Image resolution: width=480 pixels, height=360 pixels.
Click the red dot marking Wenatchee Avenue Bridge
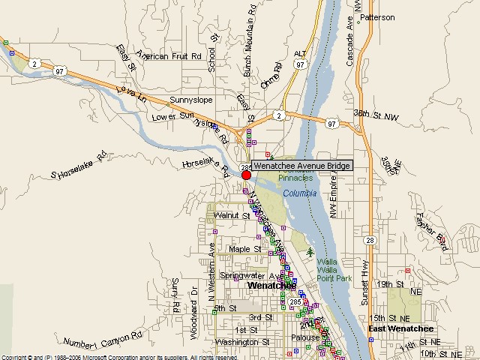[246, 175]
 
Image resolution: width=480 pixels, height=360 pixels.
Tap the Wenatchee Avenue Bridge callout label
[301, 166]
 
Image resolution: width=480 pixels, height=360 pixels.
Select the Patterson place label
[377, 17]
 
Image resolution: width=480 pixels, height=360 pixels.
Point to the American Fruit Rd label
[169, 56]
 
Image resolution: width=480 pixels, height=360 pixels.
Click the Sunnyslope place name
[191, 100]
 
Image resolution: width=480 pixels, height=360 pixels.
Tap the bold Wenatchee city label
[271, 286]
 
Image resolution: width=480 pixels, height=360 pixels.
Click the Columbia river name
[300, 193]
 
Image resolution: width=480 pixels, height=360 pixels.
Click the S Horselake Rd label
[75, 174]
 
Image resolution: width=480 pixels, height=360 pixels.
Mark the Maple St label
[244, 249]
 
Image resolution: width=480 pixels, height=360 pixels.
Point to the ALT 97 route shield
[301, 61]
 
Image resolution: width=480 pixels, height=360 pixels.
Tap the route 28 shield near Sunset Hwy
[370, 240]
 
